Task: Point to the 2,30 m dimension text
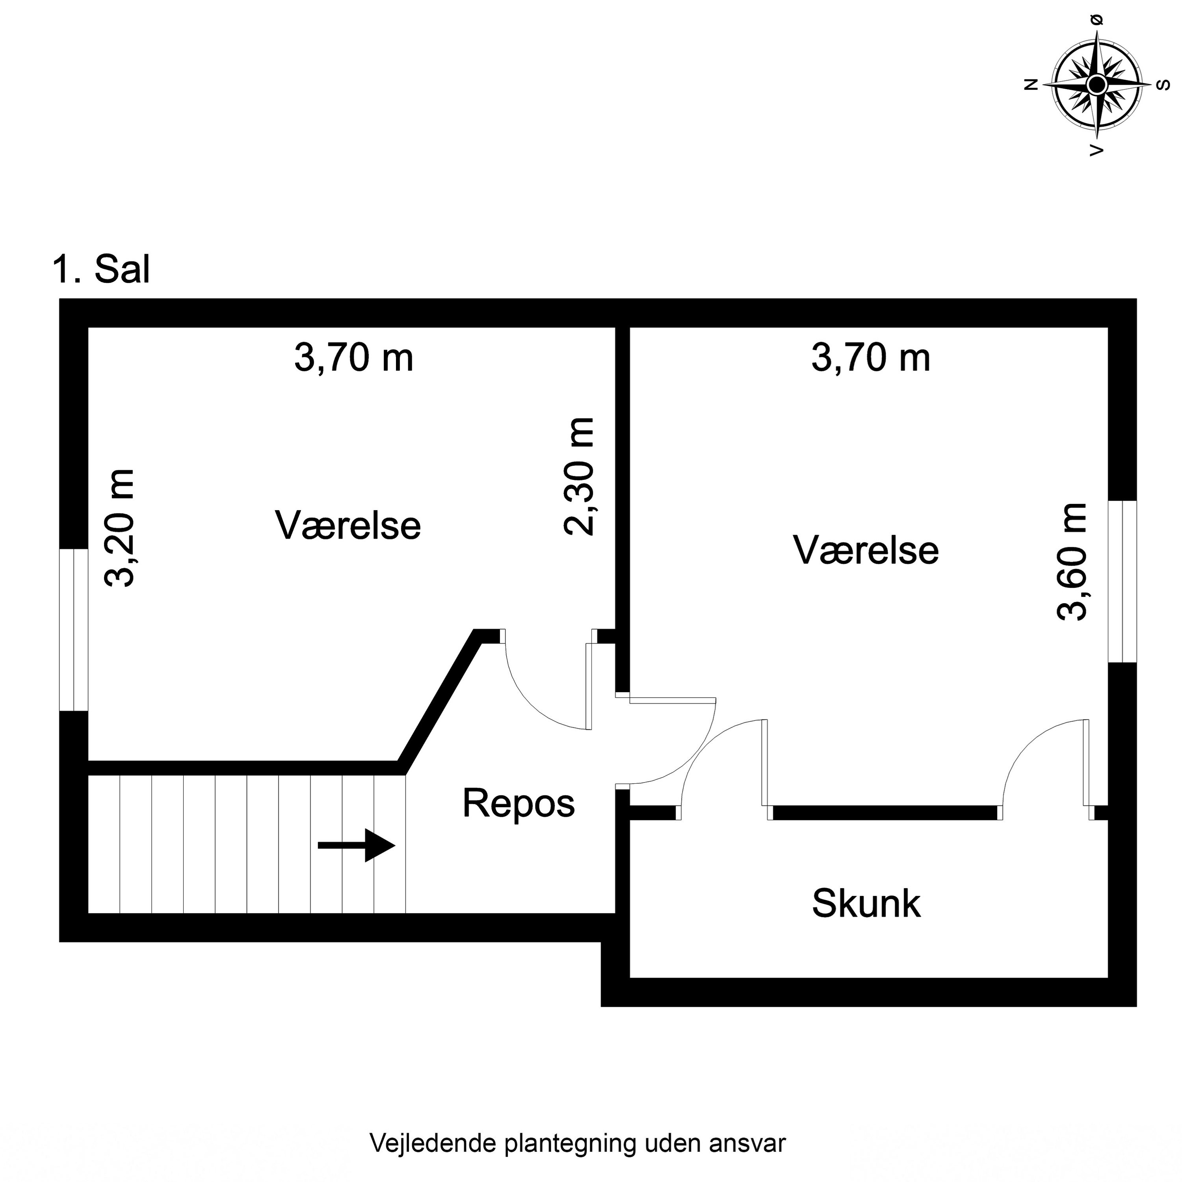[579, 477]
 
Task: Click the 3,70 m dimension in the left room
[354, 358]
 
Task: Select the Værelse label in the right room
[865, 549]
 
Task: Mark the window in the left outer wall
[73, 630]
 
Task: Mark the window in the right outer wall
[1122, 581]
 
